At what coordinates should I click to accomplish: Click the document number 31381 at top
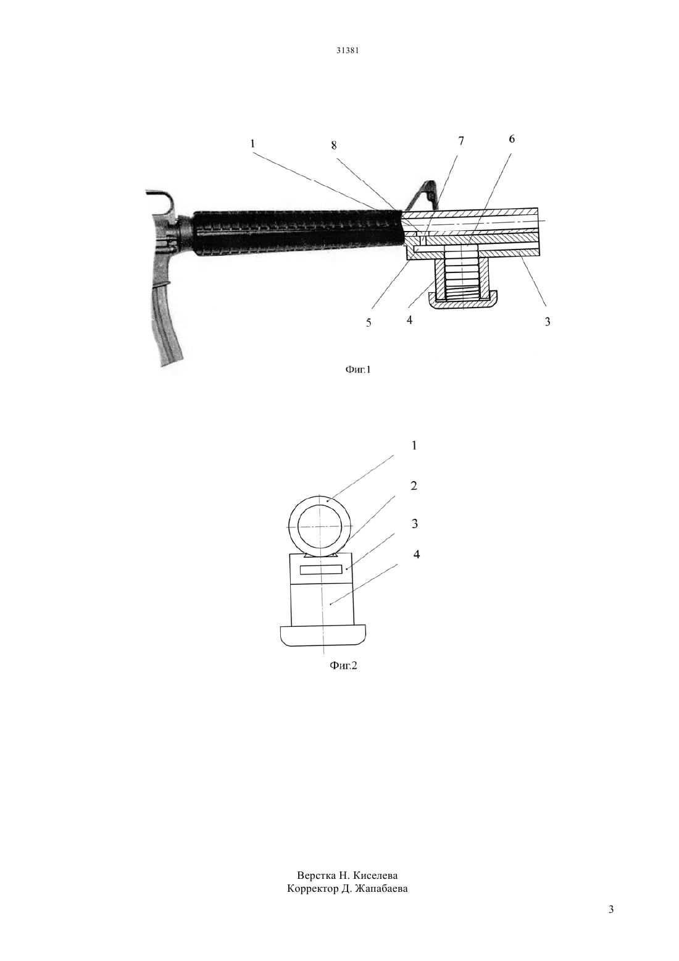coord(347,50)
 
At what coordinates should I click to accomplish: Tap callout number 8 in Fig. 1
coord(334,145)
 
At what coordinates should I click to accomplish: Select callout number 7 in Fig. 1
coord(461,141)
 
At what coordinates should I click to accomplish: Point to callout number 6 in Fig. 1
coord(511,138)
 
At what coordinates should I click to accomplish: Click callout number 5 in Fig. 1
coord(369,322)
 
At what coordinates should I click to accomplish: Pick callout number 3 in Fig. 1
coord(548,322)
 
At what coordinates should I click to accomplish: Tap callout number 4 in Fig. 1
coord(409,320)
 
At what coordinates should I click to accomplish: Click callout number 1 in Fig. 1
coord(253,144)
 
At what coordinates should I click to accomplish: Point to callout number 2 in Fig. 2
coord(414,485)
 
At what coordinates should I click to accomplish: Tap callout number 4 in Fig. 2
coord(416,554)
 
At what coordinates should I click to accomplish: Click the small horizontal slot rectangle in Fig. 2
coord(321,569)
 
